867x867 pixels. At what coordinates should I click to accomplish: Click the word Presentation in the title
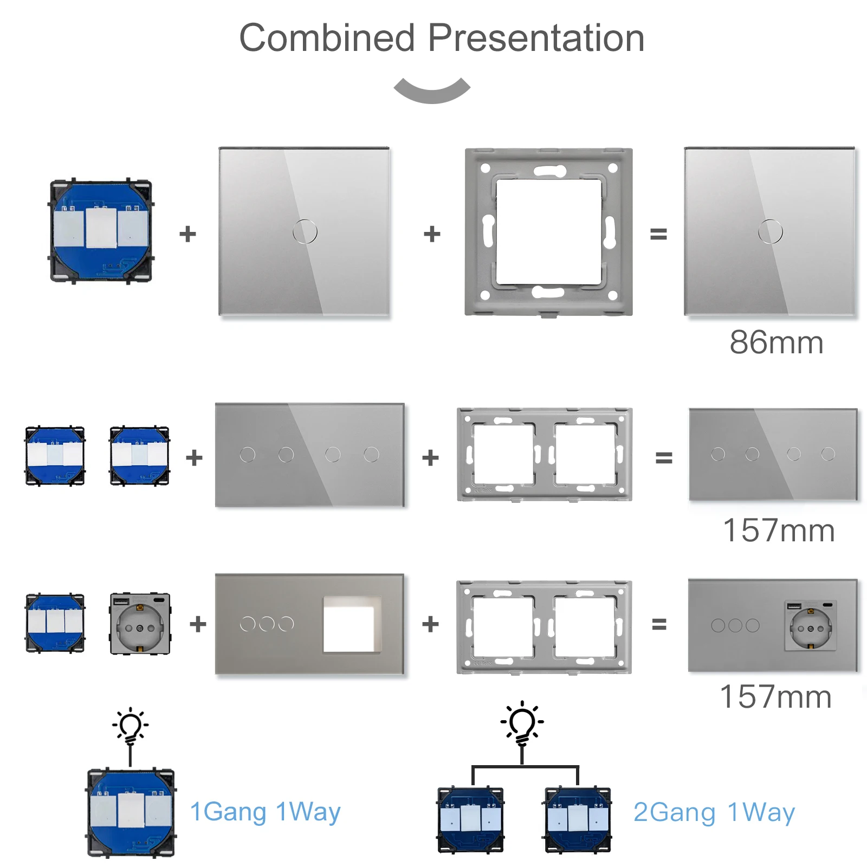[x=536, y=38]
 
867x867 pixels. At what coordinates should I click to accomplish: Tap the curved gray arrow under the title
[x=432, y=93]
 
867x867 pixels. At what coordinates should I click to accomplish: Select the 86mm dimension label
[x=777, y=342]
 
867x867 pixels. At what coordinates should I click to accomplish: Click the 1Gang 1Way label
[x=265, y=812]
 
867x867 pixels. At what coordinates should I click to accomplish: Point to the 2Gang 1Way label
[x=714, y=812]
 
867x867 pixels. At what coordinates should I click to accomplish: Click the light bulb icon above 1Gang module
[x=130, y=726]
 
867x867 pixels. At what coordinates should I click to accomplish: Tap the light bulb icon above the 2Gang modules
[x=522, y=723]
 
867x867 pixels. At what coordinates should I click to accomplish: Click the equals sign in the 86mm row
[x=658, y=234]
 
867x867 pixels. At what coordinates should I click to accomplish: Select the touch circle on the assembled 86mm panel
[x=770, y=232]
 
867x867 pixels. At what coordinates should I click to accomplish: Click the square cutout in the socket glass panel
[x=352, y=624]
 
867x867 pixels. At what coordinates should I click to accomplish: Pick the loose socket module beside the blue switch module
[x=140, y=624]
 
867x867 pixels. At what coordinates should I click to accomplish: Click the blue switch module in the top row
[x=101, y=232]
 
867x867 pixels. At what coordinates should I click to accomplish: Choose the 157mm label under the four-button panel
[x=779, y=530]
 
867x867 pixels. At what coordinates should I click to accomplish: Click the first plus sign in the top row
[x=187, y=234]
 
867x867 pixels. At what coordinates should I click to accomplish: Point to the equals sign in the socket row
[x=659, y=625]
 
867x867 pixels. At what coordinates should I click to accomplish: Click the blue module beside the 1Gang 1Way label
[x=131, y=813]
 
